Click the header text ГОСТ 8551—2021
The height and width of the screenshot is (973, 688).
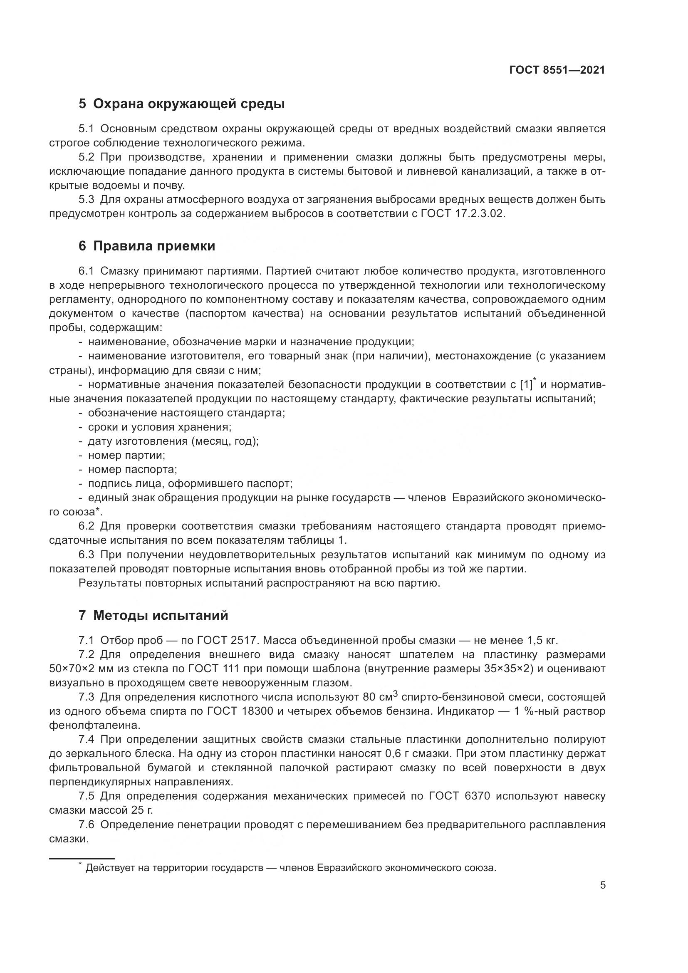[557, 70]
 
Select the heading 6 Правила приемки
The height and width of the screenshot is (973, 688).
[146, 246]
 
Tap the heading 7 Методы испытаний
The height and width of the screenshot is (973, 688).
[153, 615]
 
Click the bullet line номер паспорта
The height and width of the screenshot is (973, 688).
[132, 470]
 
